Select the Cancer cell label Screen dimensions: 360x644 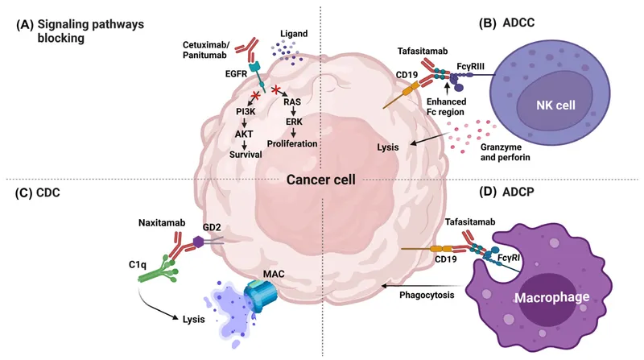(321, 180)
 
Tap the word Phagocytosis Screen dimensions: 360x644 (427, 295)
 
